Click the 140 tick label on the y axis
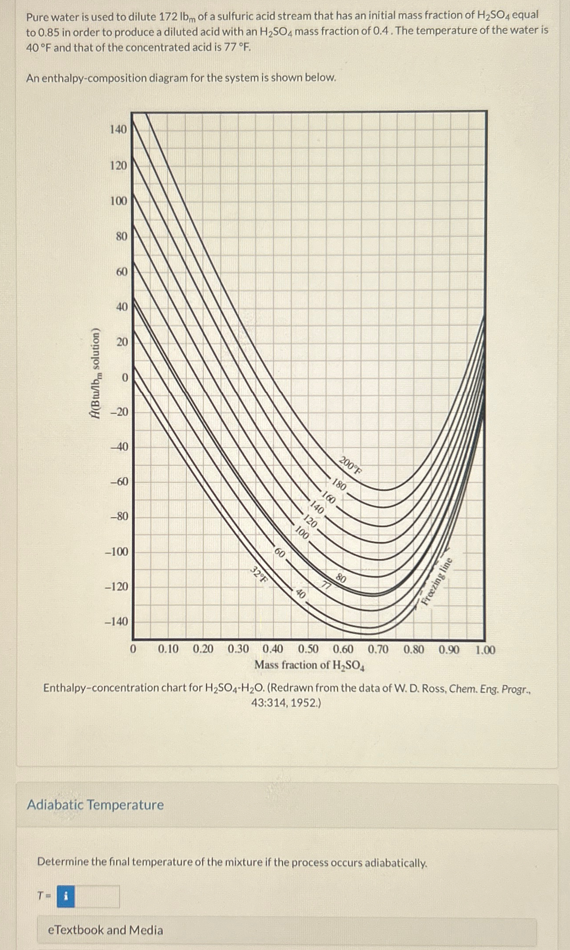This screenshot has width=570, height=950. click(118, 130)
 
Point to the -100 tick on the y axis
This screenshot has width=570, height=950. click(117, 552)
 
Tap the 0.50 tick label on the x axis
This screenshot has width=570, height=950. click(308, 649)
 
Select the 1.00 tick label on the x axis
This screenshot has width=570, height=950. click(485, 650)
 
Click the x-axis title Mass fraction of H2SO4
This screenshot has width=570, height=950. click(309, 665)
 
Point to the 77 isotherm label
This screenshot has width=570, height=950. click(326, 585)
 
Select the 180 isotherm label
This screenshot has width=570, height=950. click(339, 485)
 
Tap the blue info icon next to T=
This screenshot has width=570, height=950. click(66, 897)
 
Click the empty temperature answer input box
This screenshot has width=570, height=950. click(97, 897)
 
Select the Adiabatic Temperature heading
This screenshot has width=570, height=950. click(95, 805)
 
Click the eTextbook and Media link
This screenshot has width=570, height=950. click(106, 930)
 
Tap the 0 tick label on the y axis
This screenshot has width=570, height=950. click(124, 378)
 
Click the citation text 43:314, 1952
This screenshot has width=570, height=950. click(286, 702)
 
